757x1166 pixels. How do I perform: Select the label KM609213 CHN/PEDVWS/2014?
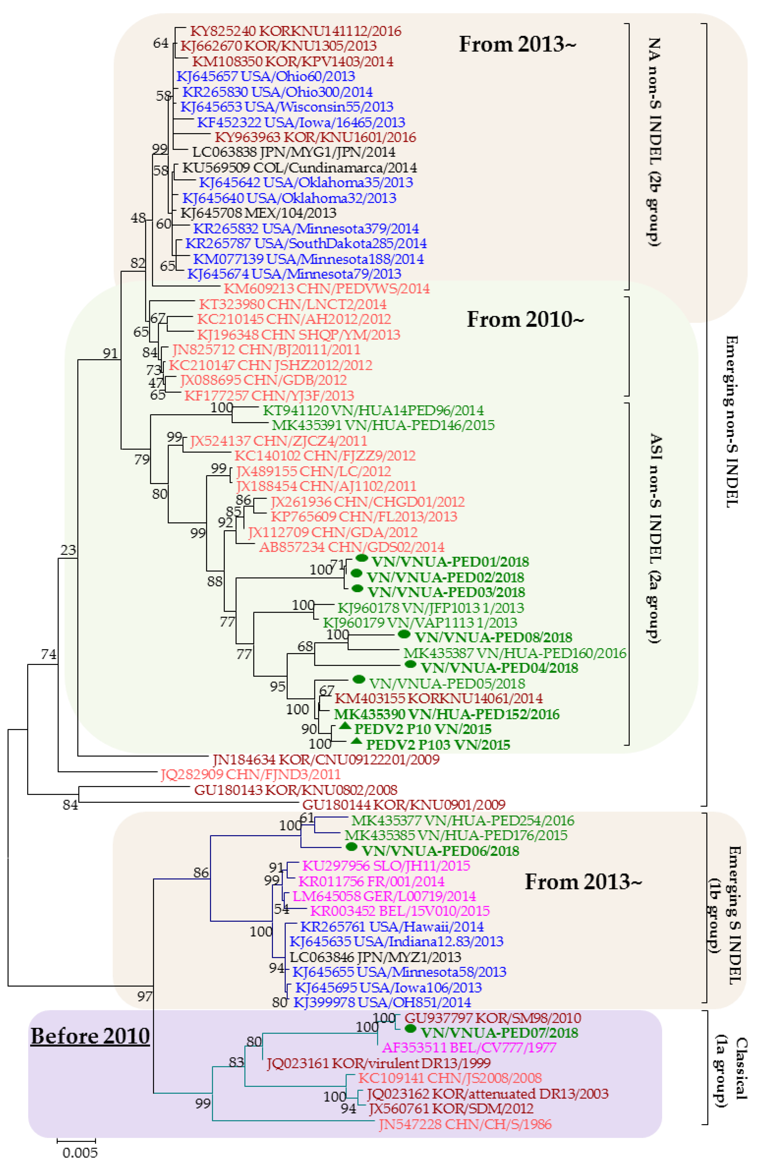(x=326, y=288)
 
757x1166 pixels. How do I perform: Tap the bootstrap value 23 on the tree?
(x=68, y=550)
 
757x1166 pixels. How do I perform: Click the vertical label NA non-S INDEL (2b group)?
(x=654, y=142)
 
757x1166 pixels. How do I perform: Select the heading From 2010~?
(x=525, y=319)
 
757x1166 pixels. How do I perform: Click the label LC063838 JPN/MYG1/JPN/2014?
(x=294, y=152)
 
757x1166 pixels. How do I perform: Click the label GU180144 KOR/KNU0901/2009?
(x=403, y=804)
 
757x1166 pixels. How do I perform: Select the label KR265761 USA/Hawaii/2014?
(x=391, y=927)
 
